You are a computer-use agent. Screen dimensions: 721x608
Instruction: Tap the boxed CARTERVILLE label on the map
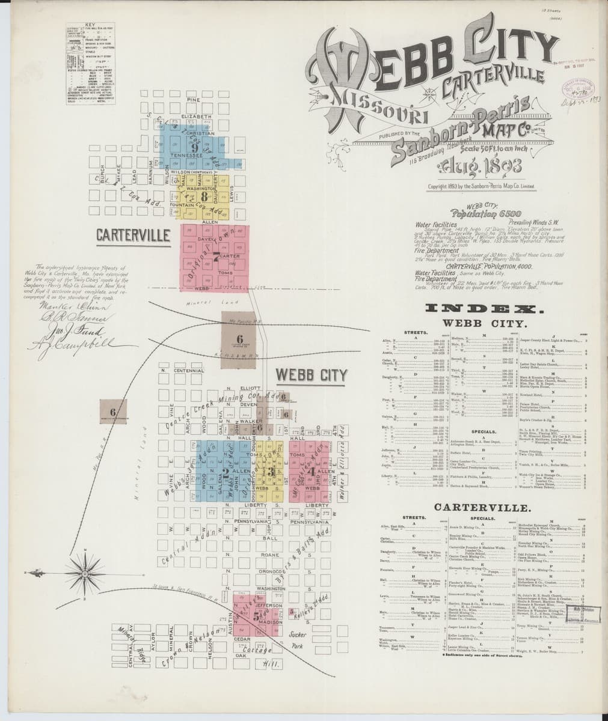[x=133, y=235]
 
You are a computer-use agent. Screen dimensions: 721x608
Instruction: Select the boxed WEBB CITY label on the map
[x=311, y=376]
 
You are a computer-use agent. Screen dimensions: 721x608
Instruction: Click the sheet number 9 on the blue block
[x=195, y=147]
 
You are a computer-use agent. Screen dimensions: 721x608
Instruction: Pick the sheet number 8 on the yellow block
[x=204, y=196]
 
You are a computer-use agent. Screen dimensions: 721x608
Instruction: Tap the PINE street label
[x=192, y=99]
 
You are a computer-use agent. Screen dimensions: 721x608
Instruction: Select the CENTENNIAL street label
[x=189, y=371]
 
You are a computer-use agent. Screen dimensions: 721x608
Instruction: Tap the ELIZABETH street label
[x=193, y=115]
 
